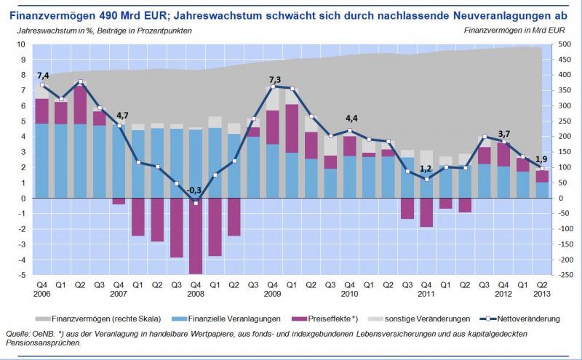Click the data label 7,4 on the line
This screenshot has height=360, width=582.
pyautogui.click(x=43, y=76)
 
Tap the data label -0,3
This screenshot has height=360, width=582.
pyautogui.click(x=195, y=190)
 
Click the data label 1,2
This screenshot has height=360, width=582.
pyautogui.click(x=426, y=169)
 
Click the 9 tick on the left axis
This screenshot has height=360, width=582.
pyautogui.click(x=24, y=60)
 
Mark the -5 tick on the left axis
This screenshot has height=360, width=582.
pyautogui.click(x=23, y=275)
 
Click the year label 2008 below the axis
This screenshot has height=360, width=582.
pyautogui.click(x=195, y=293)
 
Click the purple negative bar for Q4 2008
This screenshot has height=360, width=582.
pyautogui.click(x=195, y=236)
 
